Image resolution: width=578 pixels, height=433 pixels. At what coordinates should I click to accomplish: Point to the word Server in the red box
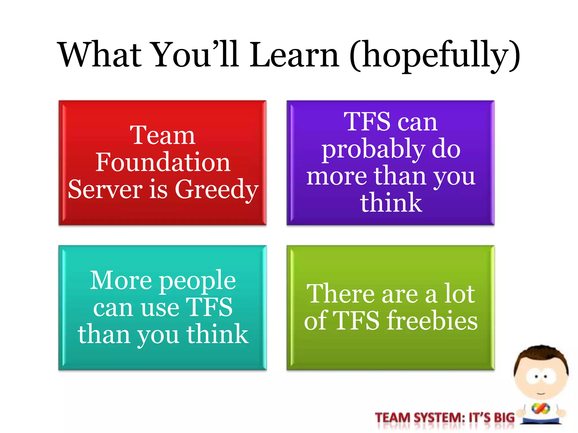coord(105,189)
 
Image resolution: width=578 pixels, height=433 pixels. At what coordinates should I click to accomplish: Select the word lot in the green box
coord(459,294)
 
